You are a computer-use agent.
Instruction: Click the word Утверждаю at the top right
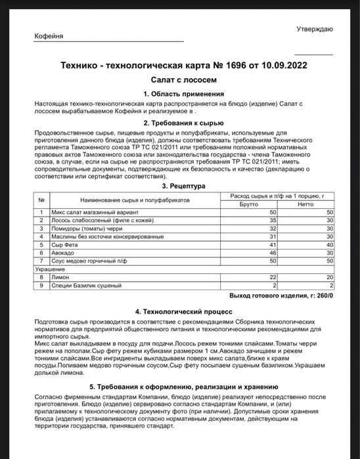click(x=314, y=29)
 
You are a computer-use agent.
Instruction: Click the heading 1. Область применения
click(x=179, y=94)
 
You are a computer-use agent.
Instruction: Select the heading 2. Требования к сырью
click(x=179, y=123)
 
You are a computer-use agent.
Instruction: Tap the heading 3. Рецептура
click(x=179, y=186)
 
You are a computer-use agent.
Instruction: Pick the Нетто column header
click(x=305, y=204)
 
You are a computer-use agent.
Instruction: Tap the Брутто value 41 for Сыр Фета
click(x=273, y=244)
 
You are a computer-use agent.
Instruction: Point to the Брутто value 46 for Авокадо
click(x=273, y=252)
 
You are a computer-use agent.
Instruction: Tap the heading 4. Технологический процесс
click(x=179, y=311)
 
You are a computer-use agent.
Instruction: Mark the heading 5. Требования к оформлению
click(x=179, y=387)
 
